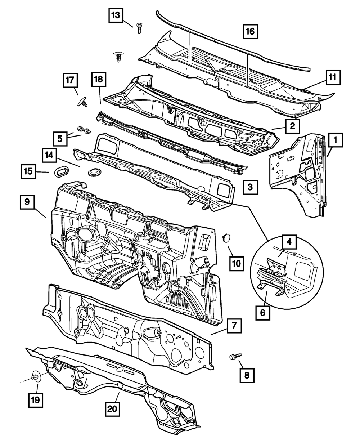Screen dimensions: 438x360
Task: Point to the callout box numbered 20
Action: tap(113, 409)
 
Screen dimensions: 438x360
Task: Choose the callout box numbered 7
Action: tap(234, 327)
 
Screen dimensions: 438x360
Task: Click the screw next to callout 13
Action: tap(139, 28)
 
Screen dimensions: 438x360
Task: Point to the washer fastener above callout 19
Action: tap(36, 378)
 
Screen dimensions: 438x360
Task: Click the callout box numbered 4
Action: tap(289, 242)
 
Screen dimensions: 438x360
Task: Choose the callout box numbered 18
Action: tap(99, 80)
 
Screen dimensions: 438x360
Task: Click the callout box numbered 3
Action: tap(250, 187)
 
